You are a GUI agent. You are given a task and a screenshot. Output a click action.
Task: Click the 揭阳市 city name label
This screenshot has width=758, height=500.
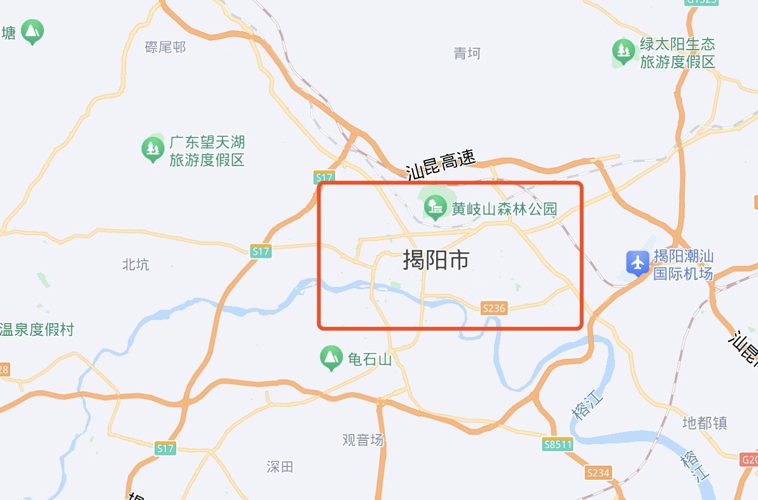pyautogui.click(x=436, y=260)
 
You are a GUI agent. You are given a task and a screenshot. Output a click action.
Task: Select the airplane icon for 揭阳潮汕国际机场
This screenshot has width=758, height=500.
pyautogui.click(x=637, y=263)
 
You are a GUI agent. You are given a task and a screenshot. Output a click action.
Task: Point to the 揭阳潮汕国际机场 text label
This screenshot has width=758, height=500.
pyautogui.click(x=684, y=265)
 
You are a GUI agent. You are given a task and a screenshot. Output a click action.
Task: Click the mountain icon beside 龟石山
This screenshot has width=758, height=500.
pyautogui.click(x=330, y=358)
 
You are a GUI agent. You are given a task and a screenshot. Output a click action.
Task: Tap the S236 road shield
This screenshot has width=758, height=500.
pyautogui.click(x=493, y=308)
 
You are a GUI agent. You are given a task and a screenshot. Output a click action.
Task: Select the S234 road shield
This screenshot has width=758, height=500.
pyautogui.click(x=598, y=473)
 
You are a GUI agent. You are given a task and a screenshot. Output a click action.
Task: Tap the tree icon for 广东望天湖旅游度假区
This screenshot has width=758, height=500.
pyautogui.click(x=152, y=149)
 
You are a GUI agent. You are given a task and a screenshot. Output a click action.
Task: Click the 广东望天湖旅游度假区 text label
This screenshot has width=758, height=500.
pyautogui.click(x=207, y=151)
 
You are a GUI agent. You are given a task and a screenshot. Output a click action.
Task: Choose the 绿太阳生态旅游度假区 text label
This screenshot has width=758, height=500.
pyautogui.click(x=677, y=53)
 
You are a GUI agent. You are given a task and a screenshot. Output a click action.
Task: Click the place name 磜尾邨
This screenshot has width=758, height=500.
pyautogui.click(x=165, y=47)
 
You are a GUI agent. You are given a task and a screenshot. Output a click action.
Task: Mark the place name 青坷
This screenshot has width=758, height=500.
pyautogui.click(x=467, y=53)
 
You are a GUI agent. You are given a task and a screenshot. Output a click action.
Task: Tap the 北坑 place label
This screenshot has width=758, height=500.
pyautogui.click(x=135, y=264)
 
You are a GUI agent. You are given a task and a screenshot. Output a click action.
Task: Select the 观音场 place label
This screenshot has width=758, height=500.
pyautogui.click(x=363, y=440)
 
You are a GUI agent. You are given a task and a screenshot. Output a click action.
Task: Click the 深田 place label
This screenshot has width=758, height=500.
pyautogui.click(x=280, y=467)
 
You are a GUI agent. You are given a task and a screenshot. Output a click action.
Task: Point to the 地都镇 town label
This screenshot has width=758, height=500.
pyautogui.click(x=704, y=423)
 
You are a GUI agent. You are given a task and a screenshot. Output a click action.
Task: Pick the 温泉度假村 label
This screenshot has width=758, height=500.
pyautogui.click(x=37, y=330)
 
